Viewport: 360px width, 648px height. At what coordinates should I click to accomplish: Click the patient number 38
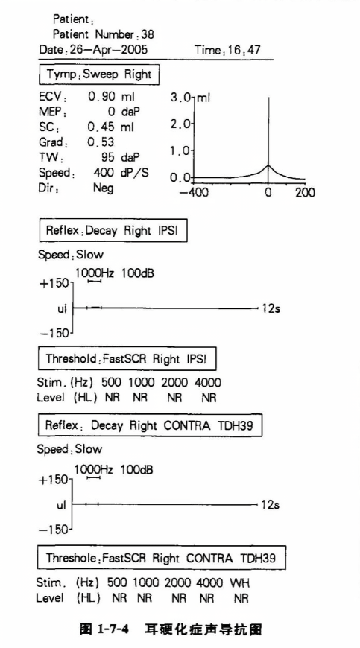coord(147,34)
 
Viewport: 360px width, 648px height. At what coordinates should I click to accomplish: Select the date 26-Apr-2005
coord(107,51)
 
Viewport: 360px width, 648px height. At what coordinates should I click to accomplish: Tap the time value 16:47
coord(244,51)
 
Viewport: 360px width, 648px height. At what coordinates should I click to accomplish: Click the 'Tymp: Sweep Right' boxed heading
coord(99,74)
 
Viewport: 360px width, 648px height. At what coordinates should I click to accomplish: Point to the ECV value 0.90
coord(102,97)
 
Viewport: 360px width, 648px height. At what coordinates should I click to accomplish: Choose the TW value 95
coord(109,157)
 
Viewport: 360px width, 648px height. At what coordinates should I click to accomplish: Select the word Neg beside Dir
coord(104,188)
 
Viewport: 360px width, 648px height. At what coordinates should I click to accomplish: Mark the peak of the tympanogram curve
coord(268,165)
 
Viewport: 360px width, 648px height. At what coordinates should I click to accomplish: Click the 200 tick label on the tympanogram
coord(305,193)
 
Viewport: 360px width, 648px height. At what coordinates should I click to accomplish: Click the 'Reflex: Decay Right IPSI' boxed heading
coord(113,230)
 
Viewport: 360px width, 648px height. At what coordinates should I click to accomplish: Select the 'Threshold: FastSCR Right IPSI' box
coord(127,359)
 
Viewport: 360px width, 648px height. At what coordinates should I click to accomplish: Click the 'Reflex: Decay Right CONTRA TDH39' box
coord(151,425)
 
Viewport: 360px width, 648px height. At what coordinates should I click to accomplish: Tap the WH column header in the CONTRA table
coord(240,582)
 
